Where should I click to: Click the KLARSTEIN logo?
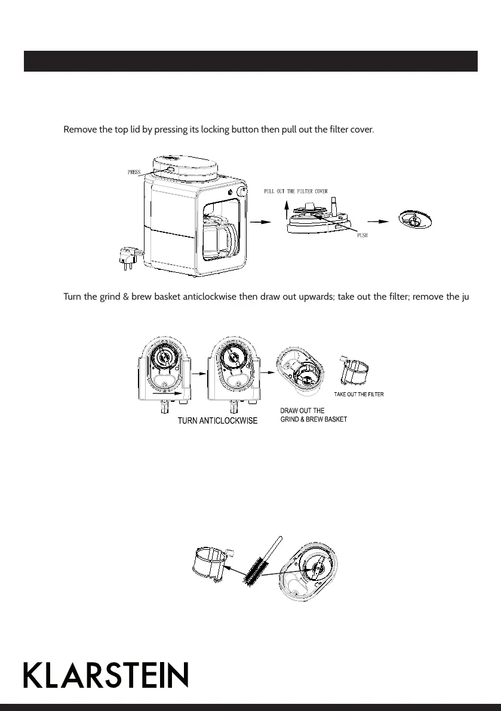[106, 675]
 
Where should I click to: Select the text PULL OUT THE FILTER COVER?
[296, 192]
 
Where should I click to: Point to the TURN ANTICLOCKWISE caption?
[218, 421]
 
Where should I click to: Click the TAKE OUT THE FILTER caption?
[358, 395]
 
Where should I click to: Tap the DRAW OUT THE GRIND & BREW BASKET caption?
[313, 415]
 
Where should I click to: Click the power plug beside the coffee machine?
[129, 256]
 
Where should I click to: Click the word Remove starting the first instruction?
[79, 129]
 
